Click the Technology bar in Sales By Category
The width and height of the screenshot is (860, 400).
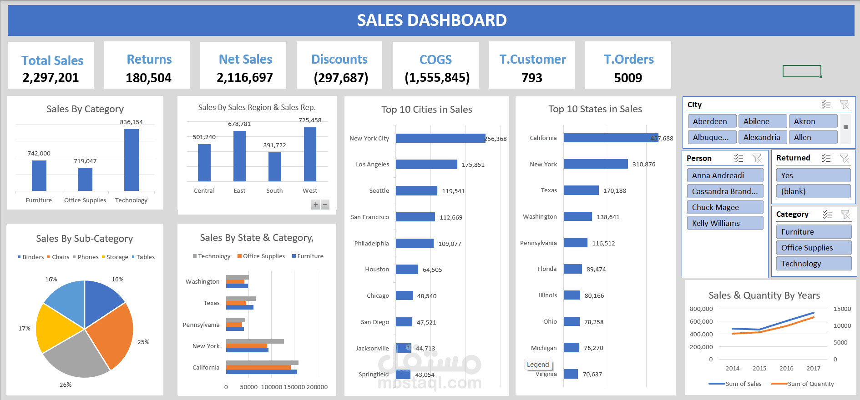click(x=131, y=160)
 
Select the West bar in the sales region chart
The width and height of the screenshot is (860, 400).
click(x=310, y=154)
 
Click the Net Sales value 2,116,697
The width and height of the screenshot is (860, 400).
click(x=245, y=78)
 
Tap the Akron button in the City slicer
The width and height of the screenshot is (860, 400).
click(x=813, y=121)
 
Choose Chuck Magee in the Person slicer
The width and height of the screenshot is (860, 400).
click(x=724, y=207)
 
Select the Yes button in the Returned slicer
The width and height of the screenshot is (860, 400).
click(x=813, y=175)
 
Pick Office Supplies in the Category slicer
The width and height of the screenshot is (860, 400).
click(x=813, y=248)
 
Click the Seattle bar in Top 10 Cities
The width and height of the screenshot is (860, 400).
click(x=416, y=191)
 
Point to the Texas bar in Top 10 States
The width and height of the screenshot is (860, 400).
click(x=581, y=190)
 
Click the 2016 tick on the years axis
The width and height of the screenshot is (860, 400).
click(x=786, y=369)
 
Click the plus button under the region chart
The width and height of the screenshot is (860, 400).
click(x=316, y=205)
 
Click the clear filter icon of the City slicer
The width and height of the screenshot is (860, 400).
click(x=844, y=105)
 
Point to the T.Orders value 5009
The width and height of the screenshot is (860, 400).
click(x=628, y=78)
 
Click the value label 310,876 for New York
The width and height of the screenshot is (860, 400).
click(x=643, y=165)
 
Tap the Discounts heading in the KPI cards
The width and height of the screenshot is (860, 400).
click(x=339, y=60)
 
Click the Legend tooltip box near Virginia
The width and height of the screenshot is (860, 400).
click(x=538, y=365)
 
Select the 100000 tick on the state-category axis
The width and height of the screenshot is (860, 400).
click(x=271, y=387)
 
